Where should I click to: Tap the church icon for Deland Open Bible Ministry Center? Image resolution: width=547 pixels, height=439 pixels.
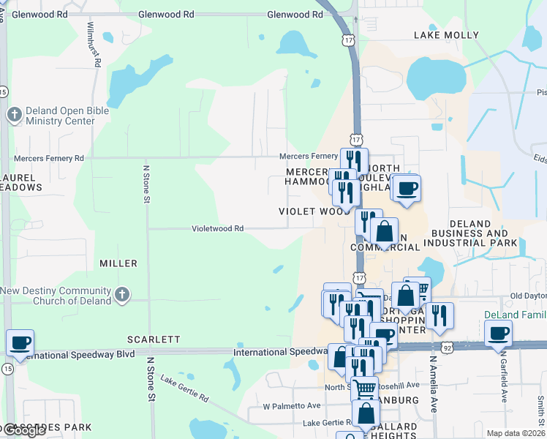(x=14, y=114)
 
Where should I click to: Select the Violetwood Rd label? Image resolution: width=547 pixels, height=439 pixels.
(x=217, y=228)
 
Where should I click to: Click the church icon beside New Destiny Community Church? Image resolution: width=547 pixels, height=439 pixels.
(x=121, y=296)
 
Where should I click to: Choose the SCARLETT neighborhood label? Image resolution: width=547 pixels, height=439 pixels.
(x=154, y=339)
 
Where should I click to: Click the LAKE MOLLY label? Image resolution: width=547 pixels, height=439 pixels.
(x=446, y=34)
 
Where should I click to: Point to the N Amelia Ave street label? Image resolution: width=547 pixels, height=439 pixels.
(x=433, y=385)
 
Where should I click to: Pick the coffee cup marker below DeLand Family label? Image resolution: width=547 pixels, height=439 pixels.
(x=499, y=334)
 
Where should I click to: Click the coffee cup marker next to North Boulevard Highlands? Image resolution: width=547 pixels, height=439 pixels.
(x=407, y=188)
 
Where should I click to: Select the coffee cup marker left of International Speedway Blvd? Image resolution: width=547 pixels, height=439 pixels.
(x=20, y=342)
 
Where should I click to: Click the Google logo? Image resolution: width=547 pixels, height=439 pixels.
(x=23, y=431)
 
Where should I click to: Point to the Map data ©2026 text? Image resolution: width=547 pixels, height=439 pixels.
(x=516, y=433)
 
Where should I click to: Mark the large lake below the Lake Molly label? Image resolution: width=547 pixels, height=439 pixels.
(x=436, y=77)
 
